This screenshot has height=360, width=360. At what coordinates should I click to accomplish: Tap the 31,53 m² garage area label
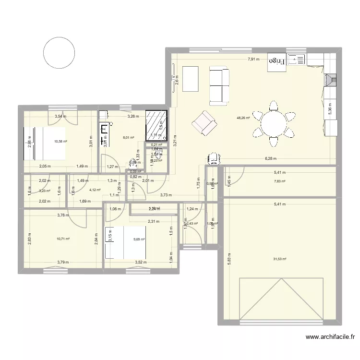pos(279,259)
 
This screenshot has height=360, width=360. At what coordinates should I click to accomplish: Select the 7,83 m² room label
pos(279,181)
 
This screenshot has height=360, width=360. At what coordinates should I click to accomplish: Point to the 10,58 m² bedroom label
pos(60,142)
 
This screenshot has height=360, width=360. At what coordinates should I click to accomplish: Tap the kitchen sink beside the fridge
pos(297,60)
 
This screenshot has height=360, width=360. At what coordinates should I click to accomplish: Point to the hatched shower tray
pos(157,126)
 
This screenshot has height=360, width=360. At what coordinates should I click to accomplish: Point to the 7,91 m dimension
pos(253,60)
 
